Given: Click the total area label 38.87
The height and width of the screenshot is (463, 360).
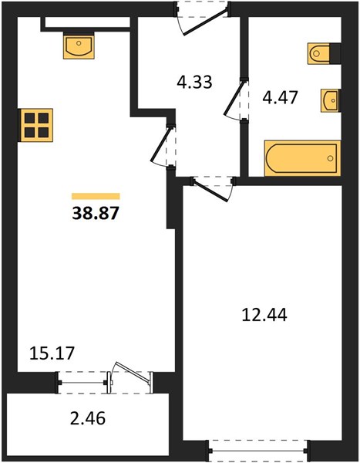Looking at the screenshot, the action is coord(96,213).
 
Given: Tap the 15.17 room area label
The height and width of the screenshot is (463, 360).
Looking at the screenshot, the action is coord(52,353).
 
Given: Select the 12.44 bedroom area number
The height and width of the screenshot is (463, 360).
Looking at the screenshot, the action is coord(264,315).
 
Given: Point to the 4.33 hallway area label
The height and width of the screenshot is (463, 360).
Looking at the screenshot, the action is coord(194,82).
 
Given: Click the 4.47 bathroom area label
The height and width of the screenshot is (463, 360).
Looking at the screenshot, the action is coord(280,98).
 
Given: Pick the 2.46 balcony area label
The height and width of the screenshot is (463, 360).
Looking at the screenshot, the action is coord(88,418).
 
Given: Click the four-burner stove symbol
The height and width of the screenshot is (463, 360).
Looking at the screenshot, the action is coord(36,125).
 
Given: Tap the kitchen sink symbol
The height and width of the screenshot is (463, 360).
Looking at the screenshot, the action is coord(79,46).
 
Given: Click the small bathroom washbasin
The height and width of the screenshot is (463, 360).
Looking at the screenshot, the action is coord(330,100).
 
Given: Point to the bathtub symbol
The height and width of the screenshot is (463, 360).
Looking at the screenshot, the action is coord(302,158).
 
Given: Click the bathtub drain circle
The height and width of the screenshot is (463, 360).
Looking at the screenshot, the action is coord(330,158).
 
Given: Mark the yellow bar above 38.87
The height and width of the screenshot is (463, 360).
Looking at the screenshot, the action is coord(96,196).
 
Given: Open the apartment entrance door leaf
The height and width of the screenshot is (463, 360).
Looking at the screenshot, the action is coord(205,22).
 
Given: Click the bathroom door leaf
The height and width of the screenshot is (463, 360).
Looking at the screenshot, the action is coord(234,98).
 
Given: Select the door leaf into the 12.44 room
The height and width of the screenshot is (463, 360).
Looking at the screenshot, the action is coord(211,191).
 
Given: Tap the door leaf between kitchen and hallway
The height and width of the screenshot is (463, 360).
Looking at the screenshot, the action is coord(161,145).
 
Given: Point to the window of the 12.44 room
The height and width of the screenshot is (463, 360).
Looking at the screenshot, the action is coord(258,451).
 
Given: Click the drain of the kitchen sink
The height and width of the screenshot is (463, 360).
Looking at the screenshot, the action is coord(79,43).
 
